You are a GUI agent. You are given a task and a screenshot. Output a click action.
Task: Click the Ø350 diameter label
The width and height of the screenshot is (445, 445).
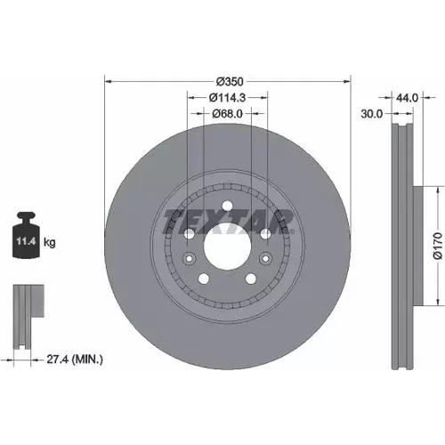(x=230, y=82)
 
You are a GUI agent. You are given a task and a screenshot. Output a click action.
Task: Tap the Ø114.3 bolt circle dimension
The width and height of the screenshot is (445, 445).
(x=228, y=98)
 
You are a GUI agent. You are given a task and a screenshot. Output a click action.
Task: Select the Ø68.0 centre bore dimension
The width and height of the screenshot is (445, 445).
(x=228, y=114)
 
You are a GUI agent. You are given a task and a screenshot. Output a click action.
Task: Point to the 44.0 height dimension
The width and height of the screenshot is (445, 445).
(x=407, y=98)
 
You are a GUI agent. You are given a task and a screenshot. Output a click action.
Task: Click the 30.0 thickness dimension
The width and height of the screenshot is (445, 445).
(x=372, y=114)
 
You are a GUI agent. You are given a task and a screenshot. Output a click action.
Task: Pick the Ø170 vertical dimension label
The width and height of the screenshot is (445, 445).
(x=438, y=246)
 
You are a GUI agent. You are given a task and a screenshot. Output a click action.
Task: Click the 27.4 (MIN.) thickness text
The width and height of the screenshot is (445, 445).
(x=75, y=360)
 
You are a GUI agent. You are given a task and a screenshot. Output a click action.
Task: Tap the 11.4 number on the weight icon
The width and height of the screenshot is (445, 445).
(x=26, y=241)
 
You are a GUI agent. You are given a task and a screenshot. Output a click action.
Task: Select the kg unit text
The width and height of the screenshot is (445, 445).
(x=50, y=242)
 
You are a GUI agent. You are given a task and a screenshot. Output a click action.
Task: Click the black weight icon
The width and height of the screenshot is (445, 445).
(x=26, y=235)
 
